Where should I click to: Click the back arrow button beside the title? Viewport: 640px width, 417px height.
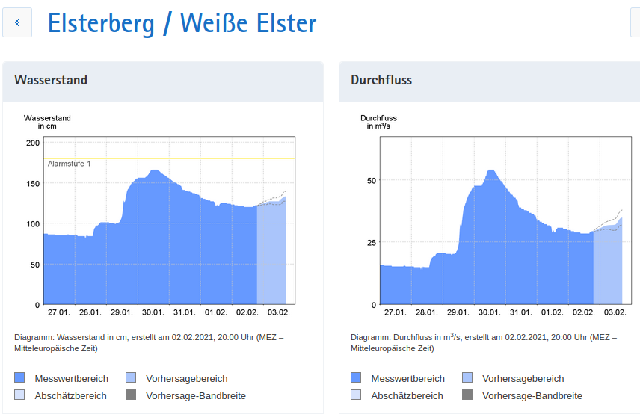click(17, 23)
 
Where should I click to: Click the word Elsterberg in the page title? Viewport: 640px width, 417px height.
click(101, 23)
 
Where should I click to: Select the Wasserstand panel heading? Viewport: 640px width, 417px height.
click(51, 80)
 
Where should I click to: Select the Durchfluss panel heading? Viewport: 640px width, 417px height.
click(381, 80)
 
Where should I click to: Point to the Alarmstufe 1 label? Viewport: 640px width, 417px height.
click(69, 164)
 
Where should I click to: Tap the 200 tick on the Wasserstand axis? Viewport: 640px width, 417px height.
click(33, 143)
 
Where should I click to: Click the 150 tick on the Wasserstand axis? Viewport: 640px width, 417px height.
click(33, 183)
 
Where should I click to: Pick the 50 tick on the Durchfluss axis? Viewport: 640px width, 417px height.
click(372, 180)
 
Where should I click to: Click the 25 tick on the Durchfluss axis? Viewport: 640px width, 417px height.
click(372, 243)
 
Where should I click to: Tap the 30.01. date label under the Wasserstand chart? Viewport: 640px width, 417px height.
click(153, 312)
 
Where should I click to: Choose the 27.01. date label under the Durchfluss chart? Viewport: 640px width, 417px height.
click(395, 312)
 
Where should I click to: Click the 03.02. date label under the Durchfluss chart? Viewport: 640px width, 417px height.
click(615, 312)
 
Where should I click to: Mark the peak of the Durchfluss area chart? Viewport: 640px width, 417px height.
click(491, 171)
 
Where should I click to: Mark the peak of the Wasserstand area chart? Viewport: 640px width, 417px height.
click(154, 170)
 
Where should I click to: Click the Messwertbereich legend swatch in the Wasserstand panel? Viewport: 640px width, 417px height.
click(19, 378)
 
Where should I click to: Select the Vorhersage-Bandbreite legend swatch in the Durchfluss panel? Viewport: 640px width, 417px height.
click(467, 395)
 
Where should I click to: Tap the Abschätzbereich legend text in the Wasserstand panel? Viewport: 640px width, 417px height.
click(70, 395)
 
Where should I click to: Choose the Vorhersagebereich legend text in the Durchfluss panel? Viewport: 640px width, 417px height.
click(523, 378)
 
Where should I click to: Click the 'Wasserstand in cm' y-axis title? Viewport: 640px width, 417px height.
click(47, 122)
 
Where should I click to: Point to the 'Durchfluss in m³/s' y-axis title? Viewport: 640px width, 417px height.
click(378, 122)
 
